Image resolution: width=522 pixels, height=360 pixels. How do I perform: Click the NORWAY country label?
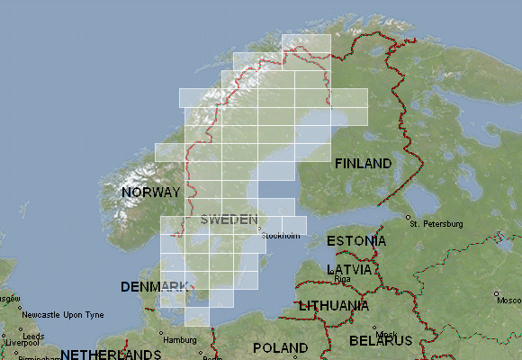tap(151, 193)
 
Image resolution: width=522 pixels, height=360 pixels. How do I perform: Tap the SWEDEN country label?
tap(229, 220)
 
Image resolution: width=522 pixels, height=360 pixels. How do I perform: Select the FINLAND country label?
tap(363, 164)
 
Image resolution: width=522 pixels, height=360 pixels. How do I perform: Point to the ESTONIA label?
tap(356, 241)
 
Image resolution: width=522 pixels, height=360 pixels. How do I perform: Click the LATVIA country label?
tap(350, 269)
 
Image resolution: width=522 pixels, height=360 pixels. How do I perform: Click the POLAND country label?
tap(280, 347)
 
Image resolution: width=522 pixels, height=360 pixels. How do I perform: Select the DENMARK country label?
tap(154, 286)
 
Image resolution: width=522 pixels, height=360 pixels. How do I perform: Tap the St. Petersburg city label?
tap(436, 223)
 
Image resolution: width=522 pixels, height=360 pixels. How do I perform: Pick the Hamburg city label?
tap(179, 339)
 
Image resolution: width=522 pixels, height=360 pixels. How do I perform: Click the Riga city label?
tap(342, 279)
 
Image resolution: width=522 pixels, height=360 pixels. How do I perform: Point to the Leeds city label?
tap(33, 337)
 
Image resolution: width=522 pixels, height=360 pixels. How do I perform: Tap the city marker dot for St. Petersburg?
tap(409, 218)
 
